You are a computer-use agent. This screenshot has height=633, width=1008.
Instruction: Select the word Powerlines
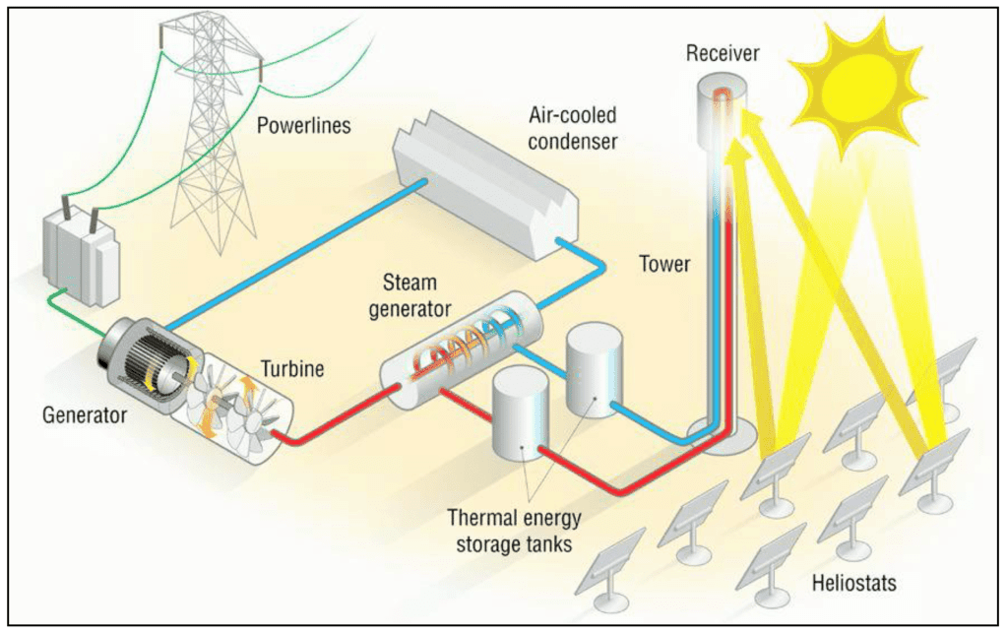pyautogui.click(x=302, y=125)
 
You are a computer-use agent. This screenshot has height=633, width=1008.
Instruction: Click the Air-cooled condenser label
pyautogui.click(x=572, y=129)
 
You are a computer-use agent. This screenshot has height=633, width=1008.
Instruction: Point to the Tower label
pyautogui.click(x=665, y=263)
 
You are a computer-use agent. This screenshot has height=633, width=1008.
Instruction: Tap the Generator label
pyautogui.click(x=85, y=414)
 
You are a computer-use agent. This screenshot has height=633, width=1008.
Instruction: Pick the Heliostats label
pyautogui.click(x=853, y=583)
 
